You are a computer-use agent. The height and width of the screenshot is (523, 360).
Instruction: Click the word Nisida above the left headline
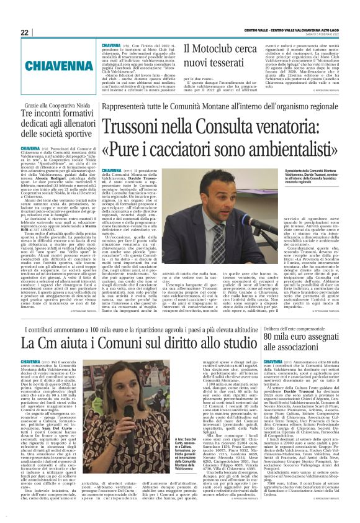coord(80,107)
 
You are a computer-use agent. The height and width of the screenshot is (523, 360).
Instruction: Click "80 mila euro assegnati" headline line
coord(300,336)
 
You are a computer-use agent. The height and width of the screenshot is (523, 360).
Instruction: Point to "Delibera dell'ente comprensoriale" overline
coord(297,324)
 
